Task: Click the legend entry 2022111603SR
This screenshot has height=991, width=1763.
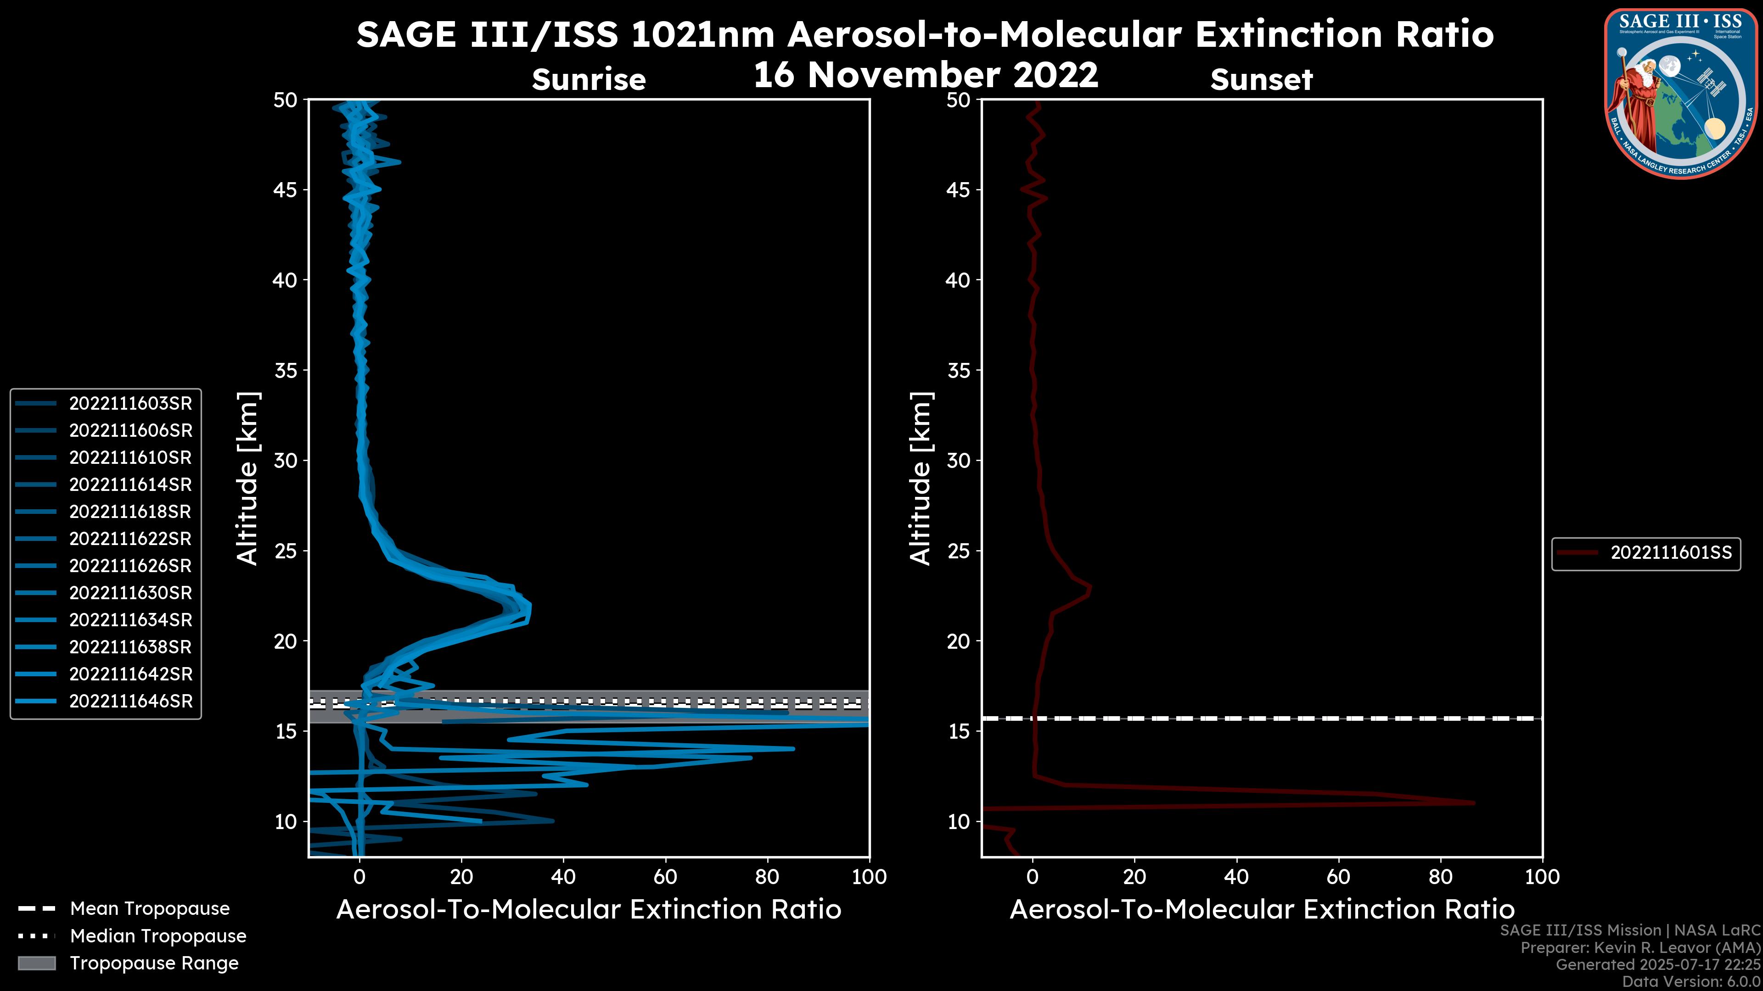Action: coord(130,404)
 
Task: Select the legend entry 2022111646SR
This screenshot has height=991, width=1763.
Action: coord(130,701)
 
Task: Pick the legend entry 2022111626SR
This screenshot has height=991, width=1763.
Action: coord(130,566)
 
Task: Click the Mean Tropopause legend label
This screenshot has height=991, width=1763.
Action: coord(150,908)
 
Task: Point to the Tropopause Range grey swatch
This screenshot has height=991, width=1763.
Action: coord(36,963)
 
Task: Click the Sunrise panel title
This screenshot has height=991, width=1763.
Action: coord(589,79)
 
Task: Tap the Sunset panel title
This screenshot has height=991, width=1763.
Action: coord(1261,79)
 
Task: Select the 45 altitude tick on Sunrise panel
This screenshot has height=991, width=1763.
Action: coord(286,189)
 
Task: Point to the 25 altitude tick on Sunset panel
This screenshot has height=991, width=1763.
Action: coord(959,551)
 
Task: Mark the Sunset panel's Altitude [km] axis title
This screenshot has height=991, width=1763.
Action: coord(921,478)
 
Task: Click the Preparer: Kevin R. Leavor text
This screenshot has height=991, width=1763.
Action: coord(1640,947)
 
